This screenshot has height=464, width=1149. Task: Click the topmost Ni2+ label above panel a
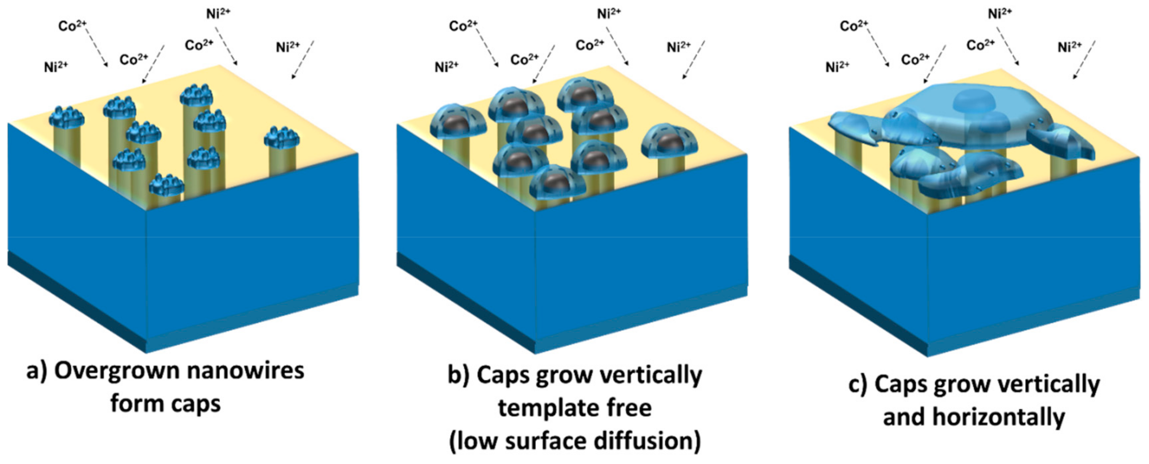(x=218, y=13)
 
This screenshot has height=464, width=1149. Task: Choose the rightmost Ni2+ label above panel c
(x=1069, y=46)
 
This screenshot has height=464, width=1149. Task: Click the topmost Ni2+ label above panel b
(x=609, y=13)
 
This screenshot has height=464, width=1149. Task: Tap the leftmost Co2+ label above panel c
(x=854, y=26)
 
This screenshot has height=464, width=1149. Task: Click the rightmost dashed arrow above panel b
(x=693, y=60)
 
